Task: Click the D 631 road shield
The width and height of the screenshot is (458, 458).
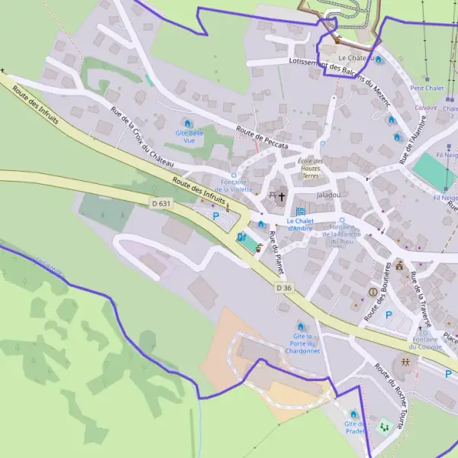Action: coord(161,204)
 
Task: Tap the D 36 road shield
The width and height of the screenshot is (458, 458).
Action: coord(284,287)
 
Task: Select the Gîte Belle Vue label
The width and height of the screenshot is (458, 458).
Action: coord(190,137)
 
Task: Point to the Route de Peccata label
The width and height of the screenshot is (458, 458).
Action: coord(262,137)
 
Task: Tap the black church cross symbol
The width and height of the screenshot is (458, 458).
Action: coord(281,197)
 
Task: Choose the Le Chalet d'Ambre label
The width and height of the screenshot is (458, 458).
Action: coord(300,224)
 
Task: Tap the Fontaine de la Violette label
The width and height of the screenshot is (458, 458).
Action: coord(233,185)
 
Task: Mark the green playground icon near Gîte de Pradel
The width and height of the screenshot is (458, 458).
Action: coord(383,427)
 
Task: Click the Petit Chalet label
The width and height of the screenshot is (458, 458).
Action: coord(427,88)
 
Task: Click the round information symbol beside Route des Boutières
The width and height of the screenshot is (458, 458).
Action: coord(373,292)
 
